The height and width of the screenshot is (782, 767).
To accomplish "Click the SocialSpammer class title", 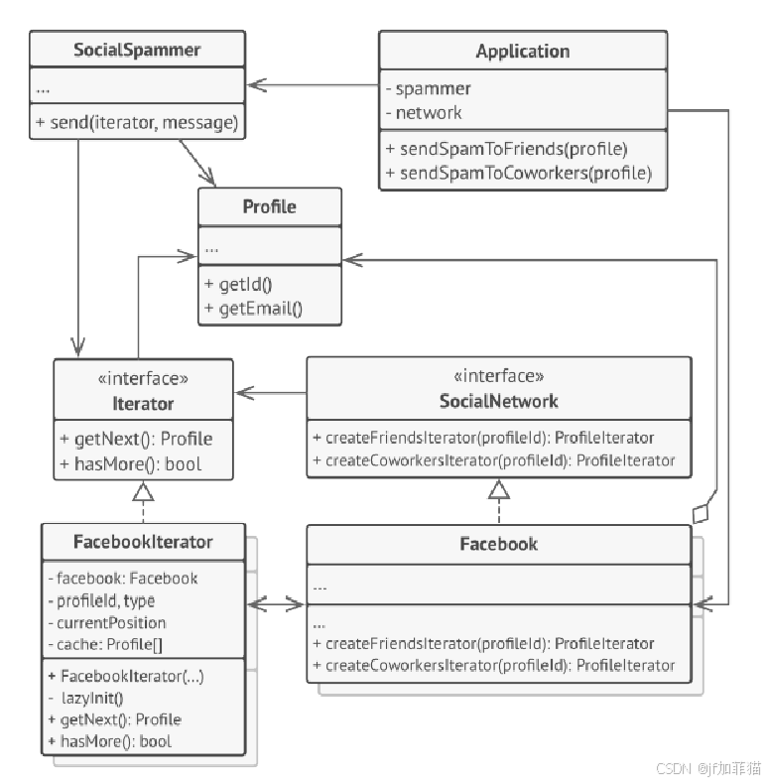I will pos(137,50).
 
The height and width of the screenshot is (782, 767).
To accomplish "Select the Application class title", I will pos(523,52).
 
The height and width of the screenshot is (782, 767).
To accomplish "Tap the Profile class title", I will pos(270,206).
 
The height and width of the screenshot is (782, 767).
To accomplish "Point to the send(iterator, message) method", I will pos(137,123).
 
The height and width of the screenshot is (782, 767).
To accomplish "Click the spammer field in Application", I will pos(428,88).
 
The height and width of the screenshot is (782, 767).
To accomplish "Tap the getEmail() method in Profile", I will pos(253,308).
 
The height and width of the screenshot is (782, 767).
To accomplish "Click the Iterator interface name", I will pos(144,403).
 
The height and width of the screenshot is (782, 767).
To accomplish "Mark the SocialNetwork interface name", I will pos(498,401).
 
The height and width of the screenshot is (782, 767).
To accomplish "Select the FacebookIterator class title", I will pos(144,542).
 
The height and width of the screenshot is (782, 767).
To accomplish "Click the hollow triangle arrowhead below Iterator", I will pos(143,490).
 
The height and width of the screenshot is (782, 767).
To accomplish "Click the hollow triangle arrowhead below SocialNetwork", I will pos(498,488).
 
